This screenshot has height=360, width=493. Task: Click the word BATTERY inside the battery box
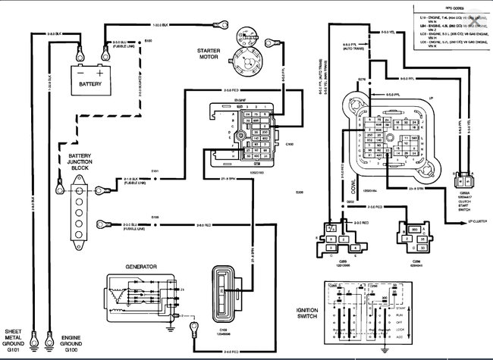tap(91, 84)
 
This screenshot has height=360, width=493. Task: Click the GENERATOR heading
tap(141, 267)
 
